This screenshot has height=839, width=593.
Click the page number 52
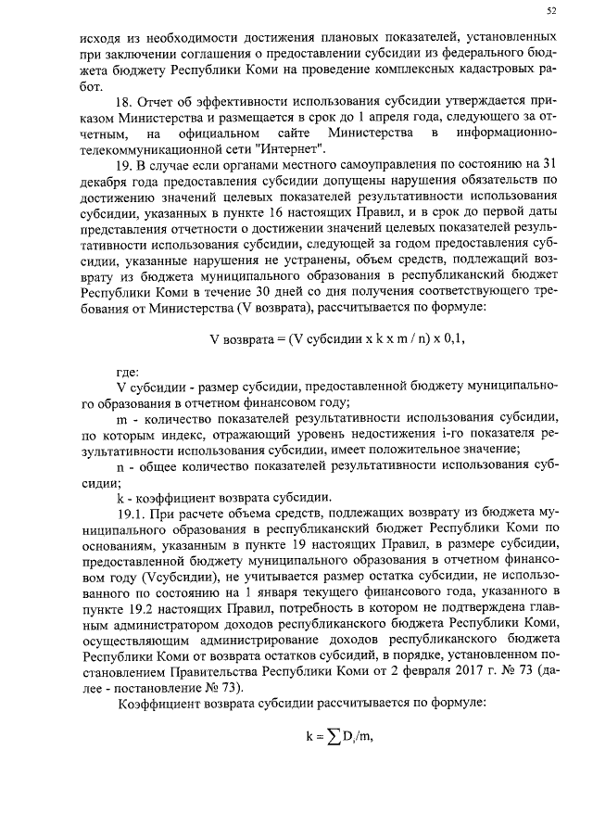[551, 12]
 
